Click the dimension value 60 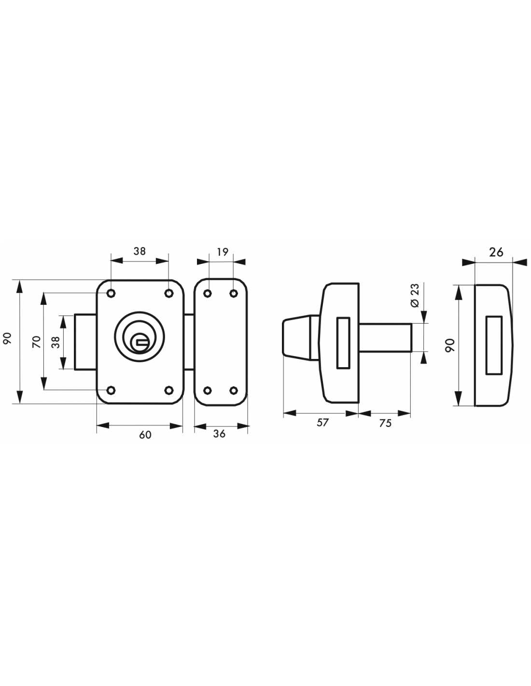click(x=145, y=435)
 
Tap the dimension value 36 click(x=219, y=434)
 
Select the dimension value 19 click(x=223, y=252)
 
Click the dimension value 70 click(x=37, y=342)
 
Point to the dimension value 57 click(x=322, y=423)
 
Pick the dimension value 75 click(x=385, y=423)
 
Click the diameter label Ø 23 click(x=415, y=296)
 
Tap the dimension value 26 click(x=496, y=252)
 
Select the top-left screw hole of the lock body click(x=111, y=294)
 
